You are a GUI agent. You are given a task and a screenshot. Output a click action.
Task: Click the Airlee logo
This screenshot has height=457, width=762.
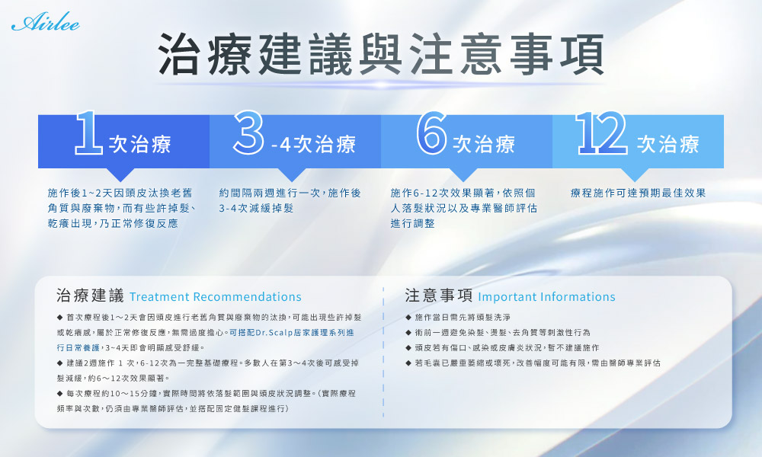point(46,22)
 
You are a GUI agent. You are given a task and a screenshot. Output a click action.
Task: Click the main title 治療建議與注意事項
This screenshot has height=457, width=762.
point(382,54)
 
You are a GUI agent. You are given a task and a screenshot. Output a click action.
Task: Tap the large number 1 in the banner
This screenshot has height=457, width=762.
point(88,133)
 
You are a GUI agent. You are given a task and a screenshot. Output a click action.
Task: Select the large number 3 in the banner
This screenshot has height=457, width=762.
point(248,133)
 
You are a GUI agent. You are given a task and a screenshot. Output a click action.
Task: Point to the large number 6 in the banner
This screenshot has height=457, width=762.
point(431,133)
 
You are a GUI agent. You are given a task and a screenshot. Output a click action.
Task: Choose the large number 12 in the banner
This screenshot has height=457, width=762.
point(602,133)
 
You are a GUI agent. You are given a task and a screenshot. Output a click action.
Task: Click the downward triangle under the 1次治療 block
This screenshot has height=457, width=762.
point(120,175)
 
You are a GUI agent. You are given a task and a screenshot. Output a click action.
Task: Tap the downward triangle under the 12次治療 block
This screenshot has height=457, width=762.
point(634,175)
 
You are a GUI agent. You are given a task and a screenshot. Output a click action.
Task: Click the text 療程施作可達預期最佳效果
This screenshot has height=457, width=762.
point(638,193)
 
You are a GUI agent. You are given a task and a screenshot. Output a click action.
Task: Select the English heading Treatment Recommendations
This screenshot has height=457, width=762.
point(216,297)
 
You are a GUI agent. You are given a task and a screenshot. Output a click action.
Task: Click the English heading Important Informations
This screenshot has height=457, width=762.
point(546,297)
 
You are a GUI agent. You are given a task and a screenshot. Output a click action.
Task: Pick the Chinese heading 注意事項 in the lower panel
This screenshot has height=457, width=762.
point(439,296)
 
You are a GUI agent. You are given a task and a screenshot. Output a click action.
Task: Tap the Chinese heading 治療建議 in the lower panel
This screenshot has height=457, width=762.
point(91,296)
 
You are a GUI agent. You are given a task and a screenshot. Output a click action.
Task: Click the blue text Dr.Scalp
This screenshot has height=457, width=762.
point(271,333)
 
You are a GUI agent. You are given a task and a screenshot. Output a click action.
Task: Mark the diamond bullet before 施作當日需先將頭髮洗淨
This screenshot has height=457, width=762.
point(408,318)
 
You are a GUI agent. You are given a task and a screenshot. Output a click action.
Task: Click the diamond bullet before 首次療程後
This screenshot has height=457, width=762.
point(59,318)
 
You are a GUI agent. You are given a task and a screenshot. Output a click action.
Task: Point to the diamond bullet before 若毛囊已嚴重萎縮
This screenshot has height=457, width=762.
point(408,363)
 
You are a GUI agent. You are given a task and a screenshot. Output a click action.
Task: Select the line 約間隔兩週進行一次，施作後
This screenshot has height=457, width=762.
point(290,193)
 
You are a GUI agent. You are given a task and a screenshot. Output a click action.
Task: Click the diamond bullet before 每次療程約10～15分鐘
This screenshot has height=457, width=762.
point(59,393)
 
